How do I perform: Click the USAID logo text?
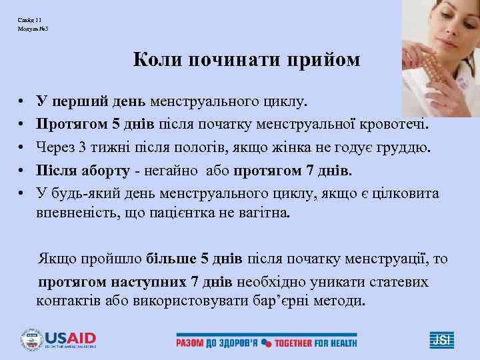(70, 337)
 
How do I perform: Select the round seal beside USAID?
(31, 339)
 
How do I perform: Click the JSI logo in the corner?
(441, 339)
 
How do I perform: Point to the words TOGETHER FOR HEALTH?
(316, 343)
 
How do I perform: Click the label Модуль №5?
(29, 31)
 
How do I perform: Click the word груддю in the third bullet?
(404, 147)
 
